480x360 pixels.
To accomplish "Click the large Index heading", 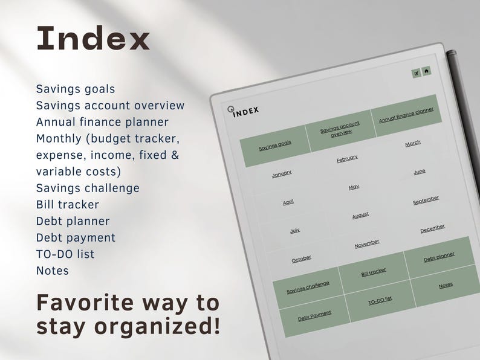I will tap(93, 39).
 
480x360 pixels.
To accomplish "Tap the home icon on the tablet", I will tap(426, 71).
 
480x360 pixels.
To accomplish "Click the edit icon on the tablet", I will tap(416, 73).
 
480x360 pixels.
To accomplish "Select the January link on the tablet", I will tap(282, 173).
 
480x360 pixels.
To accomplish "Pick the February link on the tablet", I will tap(347, 158).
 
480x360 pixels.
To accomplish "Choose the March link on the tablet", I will tap(413, 144).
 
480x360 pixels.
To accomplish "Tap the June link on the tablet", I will tap(420, 172).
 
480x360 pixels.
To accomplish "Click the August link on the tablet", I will tap(360, 215).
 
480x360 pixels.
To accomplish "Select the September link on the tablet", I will tap(426, 200).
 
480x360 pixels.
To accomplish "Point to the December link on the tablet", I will tap(432, 228).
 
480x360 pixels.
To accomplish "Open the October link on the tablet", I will tap(302, 259).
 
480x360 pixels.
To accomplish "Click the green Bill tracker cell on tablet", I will tap(374, 272).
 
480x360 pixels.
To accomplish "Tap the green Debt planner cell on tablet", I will tap(439, 257).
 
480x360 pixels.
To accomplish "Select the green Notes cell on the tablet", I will tap(446, 285).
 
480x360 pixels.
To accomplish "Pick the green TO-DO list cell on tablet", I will tap(380, 300).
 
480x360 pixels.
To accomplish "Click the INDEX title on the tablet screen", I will tap(246, 111).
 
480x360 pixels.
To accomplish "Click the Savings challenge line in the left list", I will tap(88, 188).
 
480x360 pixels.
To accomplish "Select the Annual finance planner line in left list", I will tap(102, 122).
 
